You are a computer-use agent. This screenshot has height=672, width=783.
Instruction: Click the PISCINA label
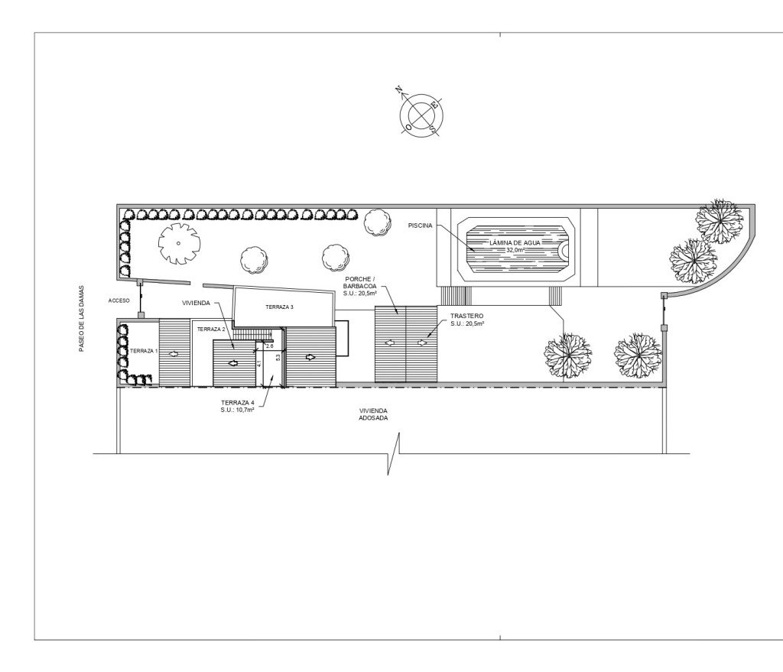pyautogui.click(x=420, y=226)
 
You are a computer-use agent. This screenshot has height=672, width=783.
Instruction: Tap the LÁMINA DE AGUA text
pyautogui.click(x=515, y=242)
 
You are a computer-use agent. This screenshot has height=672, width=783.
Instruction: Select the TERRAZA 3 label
pyautogui.click(x=280, y=307)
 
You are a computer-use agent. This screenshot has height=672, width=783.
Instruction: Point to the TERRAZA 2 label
pyautogui.click(x=211, y=330)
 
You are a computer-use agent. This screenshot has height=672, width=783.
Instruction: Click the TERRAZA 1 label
pyautogui.click(x=144, y=351)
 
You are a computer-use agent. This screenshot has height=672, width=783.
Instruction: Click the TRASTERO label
pyautogui.click(x=467, y=316)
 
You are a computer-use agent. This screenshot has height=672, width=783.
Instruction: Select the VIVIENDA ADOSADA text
pyautogui.click(x=373, y=414)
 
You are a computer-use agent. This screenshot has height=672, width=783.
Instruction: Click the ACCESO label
pyautogui.click(x=119, y=300)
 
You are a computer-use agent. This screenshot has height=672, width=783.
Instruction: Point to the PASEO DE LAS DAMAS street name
pyautogui.click(x=81, y=319)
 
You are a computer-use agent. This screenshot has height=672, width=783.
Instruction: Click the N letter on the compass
pyautogui.click(x=399, y=90)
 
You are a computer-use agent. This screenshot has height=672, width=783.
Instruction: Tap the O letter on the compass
pyautogui.click(x=408, y=128)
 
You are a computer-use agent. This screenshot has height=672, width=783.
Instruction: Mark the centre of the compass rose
pyautogui.click(x=422, y=115)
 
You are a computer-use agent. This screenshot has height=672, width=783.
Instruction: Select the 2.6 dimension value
pyautogui.click(x=270, y=346)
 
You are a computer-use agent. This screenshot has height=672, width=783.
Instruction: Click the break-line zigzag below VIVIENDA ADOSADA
pyautogui.click(x=394, y=453)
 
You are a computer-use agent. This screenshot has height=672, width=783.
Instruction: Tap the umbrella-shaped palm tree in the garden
pyautogui.click(x=179, y=244)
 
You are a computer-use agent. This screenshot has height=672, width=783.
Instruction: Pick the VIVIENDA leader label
pyautogui.click(x=197, y=303)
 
